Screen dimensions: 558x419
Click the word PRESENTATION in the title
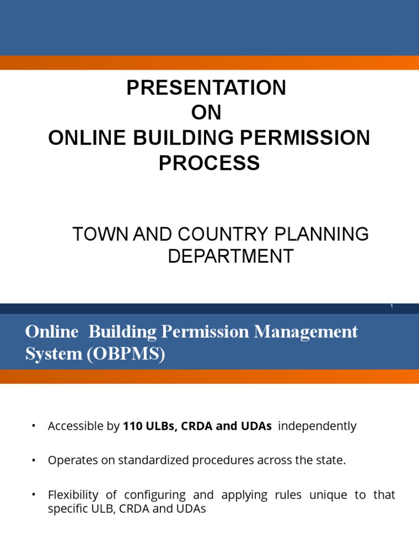click(x=206, y=88)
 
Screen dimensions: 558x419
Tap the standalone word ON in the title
click(x=206, y=113)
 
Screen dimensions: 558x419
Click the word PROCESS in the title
click(x=209, y=163)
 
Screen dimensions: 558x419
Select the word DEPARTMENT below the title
click(x=230, y=256)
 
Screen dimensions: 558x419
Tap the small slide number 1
click(x=392, y=307)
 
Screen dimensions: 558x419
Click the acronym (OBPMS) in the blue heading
click(x=130, y=354)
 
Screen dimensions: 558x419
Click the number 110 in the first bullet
click(x=133, y=427)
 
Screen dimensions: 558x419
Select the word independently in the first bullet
click(x=317, y=427)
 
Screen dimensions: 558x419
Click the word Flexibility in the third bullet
click(x=72, y=495)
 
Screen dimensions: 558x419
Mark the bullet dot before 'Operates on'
click(x=34, y=460)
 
